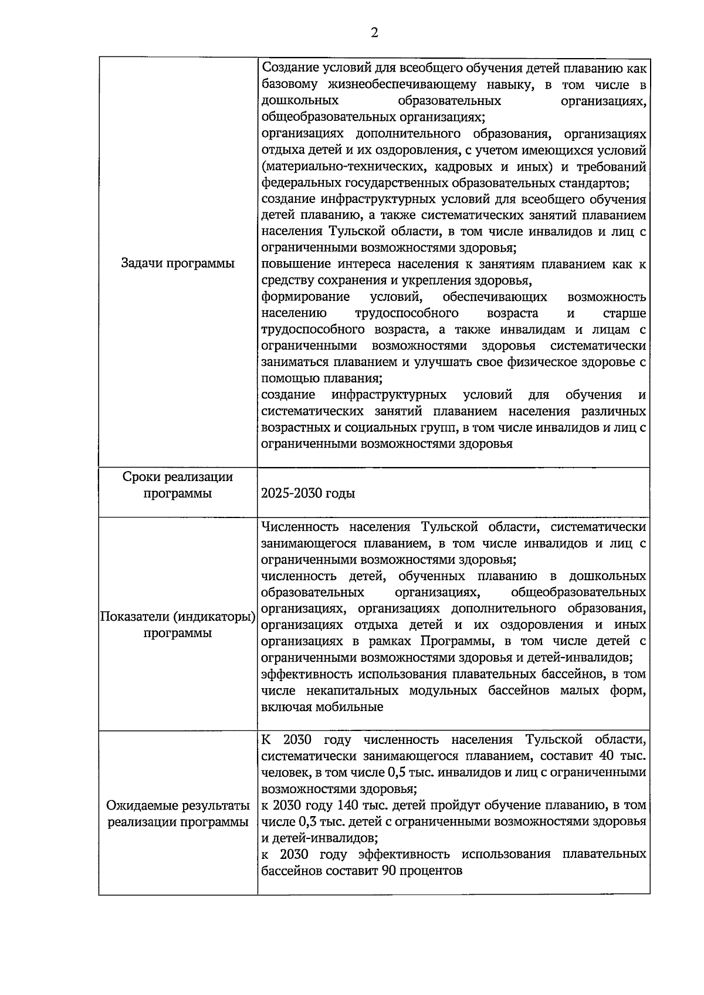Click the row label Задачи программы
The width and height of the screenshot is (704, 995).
point(178,263)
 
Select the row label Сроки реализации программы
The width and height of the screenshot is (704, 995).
point(178,485)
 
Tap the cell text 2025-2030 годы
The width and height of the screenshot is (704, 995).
point(308,493)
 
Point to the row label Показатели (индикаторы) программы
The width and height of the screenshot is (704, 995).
point(178,625)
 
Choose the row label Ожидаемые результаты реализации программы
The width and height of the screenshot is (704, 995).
point(178,814)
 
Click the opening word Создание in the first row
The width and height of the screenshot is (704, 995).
point(289,68)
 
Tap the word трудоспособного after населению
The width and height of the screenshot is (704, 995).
point(407,313)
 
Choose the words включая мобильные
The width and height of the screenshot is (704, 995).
point(322,707)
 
